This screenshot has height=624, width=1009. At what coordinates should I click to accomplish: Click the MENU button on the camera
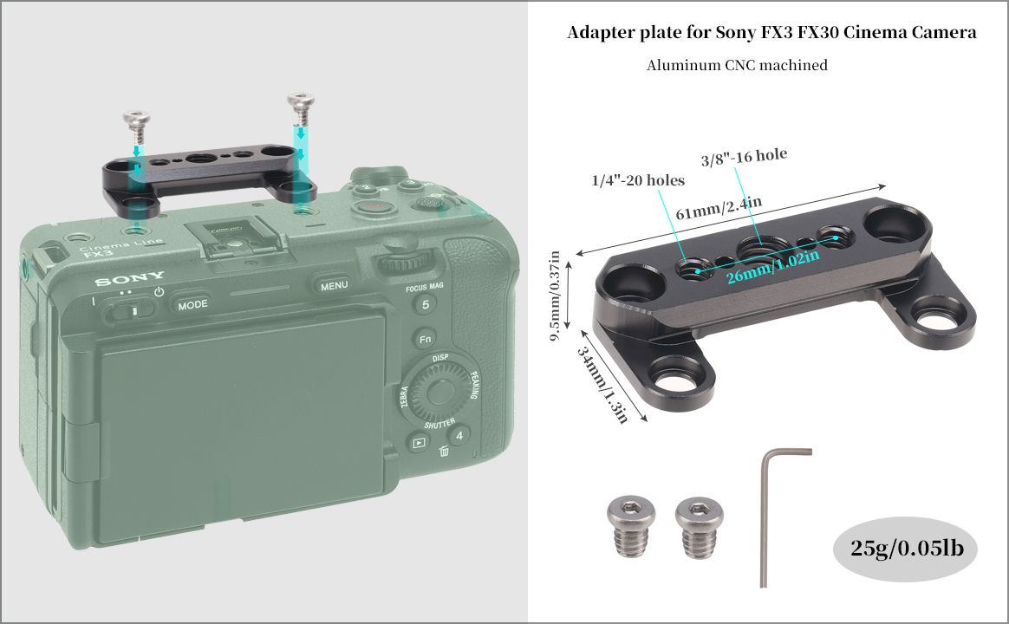(334, 286)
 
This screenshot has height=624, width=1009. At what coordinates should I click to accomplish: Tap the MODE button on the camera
(192, 305)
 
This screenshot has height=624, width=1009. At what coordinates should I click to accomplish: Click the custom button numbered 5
(426, 303)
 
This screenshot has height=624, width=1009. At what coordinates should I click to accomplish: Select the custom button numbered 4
(459, 436)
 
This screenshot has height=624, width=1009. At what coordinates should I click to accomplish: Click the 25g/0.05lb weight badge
(906, 549)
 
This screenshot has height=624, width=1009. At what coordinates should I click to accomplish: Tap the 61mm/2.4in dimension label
(718, 207)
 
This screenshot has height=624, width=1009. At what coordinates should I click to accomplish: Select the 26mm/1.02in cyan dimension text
(773, 267)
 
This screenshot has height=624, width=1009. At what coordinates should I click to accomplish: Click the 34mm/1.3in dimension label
(602, 385)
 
